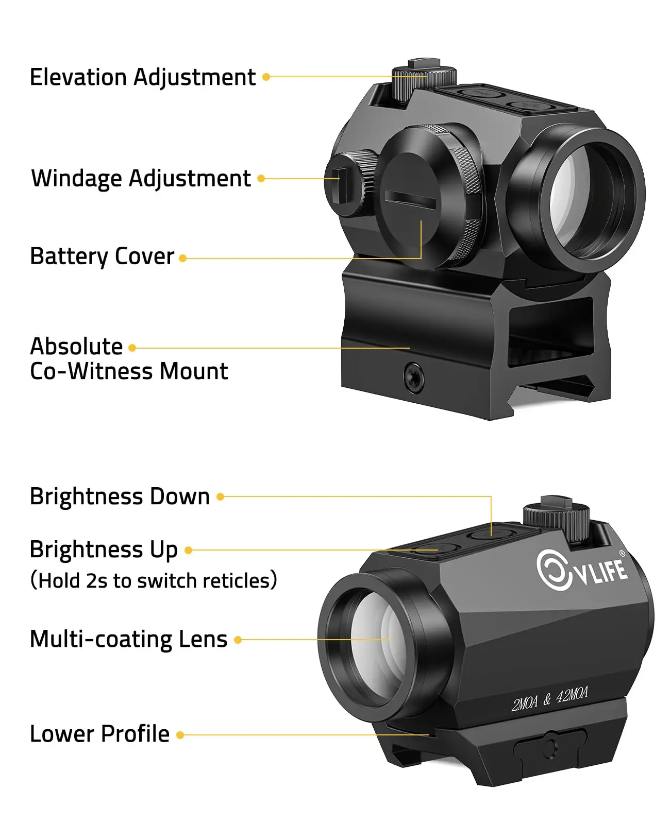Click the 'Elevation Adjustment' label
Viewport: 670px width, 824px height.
coord(142,78)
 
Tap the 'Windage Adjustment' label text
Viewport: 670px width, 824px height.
coord(141,179)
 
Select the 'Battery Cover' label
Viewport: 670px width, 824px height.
coord(102,256)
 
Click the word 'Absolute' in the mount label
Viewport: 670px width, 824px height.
coord(76,347)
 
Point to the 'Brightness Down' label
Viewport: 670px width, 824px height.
coord(120,497)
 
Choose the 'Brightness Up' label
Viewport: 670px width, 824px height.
coord(104,550)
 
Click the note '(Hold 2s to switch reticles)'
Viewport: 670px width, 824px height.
coord(154,580)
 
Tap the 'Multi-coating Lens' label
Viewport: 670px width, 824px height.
coord(128,640)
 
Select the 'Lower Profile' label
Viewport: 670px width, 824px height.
coord(99,734)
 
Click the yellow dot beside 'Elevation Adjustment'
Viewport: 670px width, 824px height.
coord(266,77)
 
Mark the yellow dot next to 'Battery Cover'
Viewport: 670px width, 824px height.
coord(182,258)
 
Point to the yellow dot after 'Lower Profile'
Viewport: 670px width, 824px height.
coord(180,735)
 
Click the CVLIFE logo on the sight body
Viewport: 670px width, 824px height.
coord(581,570)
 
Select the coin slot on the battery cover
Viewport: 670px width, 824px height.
coord(411,199)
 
